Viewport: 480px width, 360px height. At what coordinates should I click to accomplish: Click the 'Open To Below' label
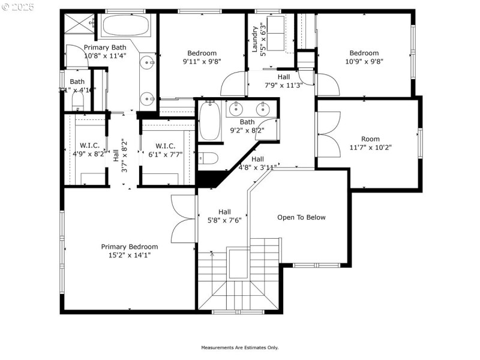pyautogui.click(x=301, y=217)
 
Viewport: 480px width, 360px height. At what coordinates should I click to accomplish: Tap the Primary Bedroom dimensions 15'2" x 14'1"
pyautogui.click(x=130, y=254)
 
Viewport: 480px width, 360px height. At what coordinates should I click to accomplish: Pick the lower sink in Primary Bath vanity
pyautogui.click(x=147, y=98)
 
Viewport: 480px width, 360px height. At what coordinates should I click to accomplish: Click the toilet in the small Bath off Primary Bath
pyautogui.click(x=76, y=104)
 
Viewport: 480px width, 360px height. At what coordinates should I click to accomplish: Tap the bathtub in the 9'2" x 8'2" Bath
pyautogui.click(x=210, y=121)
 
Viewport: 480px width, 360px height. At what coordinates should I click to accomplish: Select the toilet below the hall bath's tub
pyautogui.click(x=208, y=158)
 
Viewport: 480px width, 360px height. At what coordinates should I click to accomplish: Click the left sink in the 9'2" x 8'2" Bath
pyautogui.click(x=236, y=109)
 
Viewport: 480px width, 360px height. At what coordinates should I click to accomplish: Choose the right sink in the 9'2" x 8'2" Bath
pyautogui.click(x=262, y=109)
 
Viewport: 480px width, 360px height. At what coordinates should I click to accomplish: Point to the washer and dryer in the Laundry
pyautogui.click(x=278, y=34)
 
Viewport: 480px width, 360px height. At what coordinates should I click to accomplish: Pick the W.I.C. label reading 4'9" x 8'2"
pyautogui.click(x=92, y=150)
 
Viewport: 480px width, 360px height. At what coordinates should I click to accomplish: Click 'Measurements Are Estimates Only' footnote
pyautogui.click(x=239, y=347)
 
